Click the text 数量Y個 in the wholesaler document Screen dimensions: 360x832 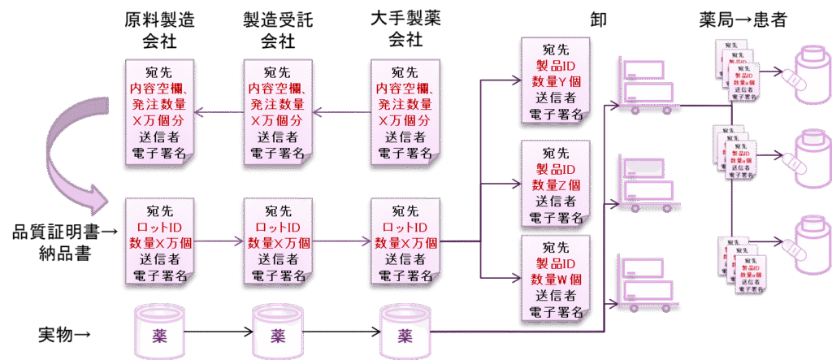[x=556, y=81]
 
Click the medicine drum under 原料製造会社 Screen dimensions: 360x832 [x=159, y=334]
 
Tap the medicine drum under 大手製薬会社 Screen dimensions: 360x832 [x=403, y=334]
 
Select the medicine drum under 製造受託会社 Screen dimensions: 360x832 [x=278, y=334]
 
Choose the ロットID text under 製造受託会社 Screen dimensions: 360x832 [x=279, y=225]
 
